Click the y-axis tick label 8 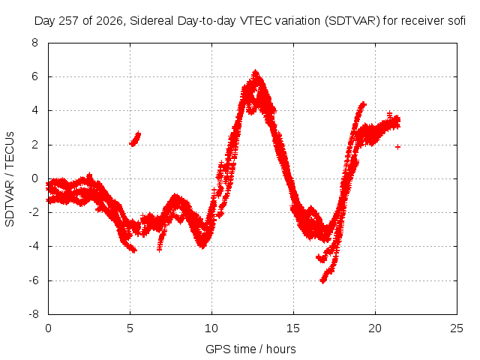(35, 43)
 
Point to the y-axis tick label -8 (33, 314)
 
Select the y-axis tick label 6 (35, 76)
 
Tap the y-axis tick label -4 (33, 246)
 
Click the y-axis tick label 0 (35, 178)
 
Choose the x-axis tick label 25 (457, 328)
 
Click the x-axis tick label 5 (130, 328)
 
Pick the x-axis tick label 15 (293, 328)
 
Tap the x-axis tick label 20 (375, 328)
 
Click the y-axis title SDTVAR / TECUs (10, 179)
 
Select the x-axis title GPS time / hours (250, 349)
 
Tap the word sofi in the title (457, 21)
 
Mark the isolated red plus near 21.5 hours (397, 147)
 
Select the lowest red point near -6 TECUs (322, 280)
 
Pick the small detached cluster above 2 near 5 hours (135, 139)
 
